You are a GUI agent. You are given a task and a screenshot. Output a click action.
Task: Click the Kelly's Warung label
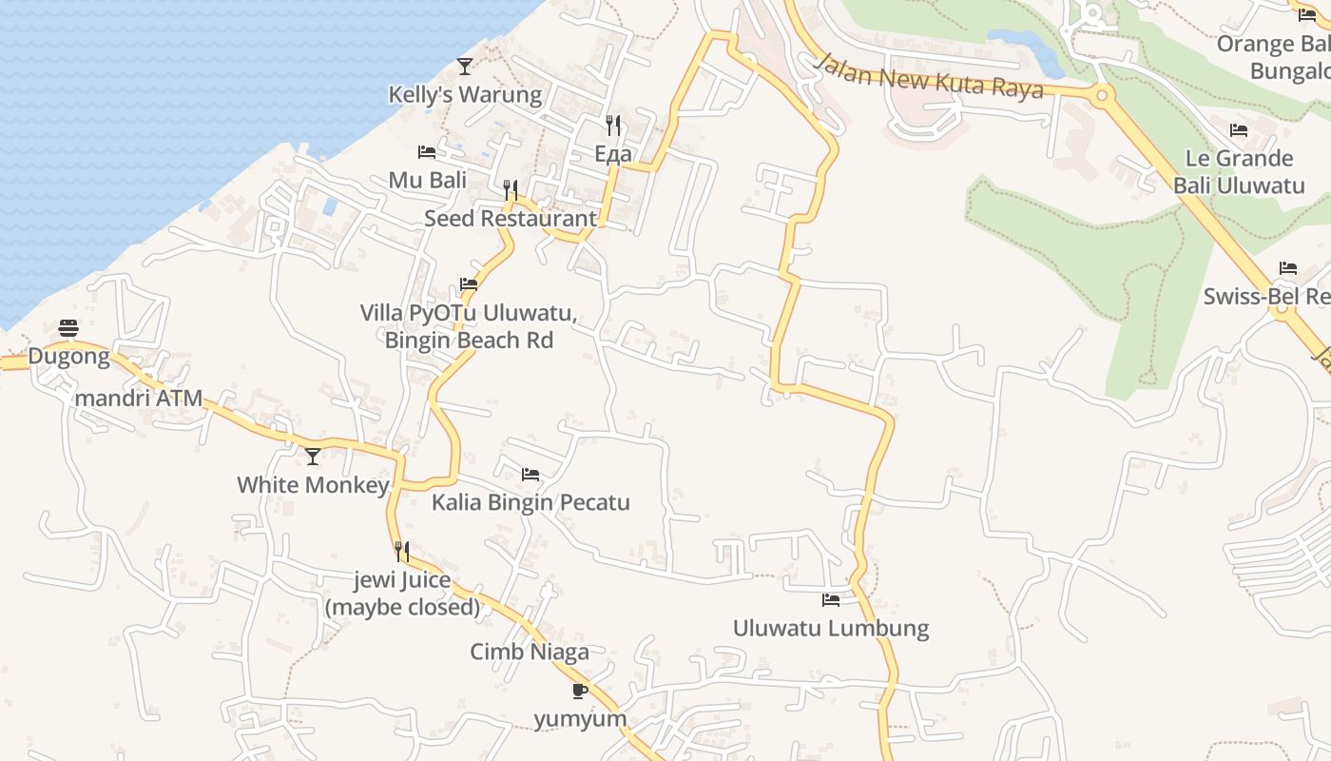(x=465, y=95)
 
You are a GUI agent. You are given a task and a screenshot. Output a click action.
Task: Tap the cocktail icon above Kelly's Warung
(x=465, y=66)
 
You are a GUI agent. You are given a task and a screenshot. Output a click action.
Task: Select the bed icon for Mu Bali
(x=427, y=152)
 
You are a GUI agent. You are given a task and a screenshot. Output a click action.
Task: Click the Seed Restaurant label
(x=511, y=218)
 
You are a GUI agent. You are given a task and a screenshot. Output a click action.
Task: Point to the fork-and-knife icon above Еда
(x=613, y=125)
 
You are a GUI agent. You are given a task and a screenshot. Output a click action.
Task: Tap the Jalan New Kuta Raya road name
(x=929, y=76)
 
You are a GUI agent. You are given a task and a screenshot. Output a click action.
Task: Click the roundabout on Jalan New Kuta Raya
(x=1103, y=94)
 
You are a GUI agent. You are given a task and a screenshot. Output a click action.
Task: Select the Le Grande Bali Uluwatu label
(x=1239, y=171)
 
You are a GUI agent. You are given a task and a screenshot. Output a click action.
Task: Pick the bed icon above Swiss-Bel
(x=1288, y=268)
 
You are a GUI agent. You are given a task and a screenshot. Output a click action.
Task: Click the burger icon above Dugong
(x=68, y=328)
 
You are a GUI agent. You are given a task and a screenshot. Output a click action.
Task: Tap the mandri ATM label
(x=139, y=398)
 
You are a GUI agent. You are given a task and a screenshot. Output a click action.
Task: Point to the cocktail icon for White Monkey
(x=313, y=457)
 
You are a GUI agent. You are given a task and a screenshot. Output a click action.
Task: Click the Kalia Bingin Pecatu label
(x=530, y=502)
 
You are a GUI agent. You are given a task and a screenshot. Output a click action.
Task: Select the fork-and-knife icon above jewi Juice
(x=402, y=552)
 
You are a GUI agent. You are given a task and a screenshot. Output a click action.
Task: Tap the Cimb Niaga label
(x=530, y=652)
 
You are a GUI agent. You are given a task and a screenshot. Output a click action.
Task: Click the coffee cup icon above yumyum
(x=580, y=691)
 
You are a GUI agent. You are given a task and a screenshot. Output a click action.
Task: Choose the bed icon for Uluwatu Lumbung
(x=831, y=600)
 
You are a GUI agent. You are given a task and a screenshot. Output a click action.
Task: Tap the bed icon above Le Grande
(x=1239, y=130)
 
